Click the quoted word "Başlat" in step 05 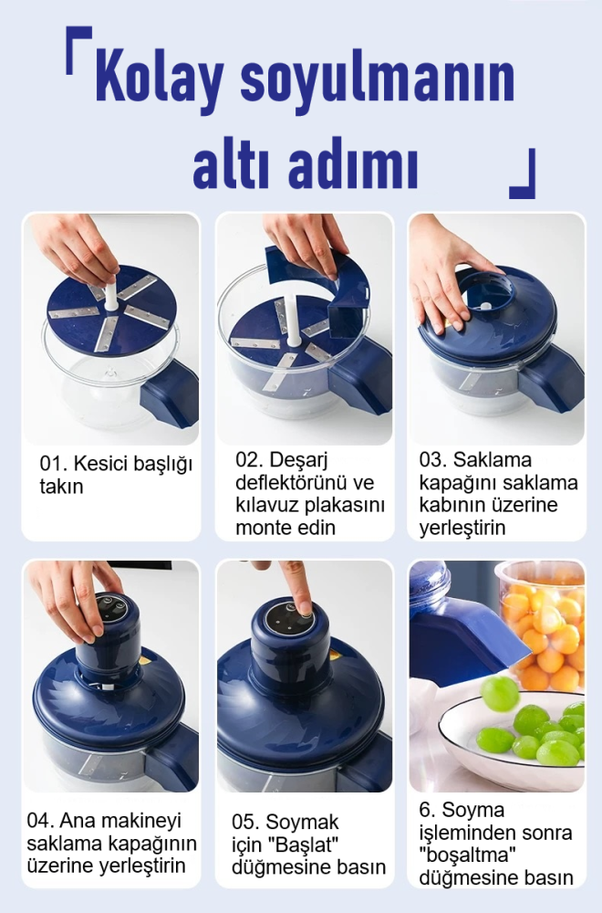coord(308,844)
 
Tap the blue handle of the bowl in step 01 coord(170,394)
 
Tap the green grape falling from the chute coord(499,693)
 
